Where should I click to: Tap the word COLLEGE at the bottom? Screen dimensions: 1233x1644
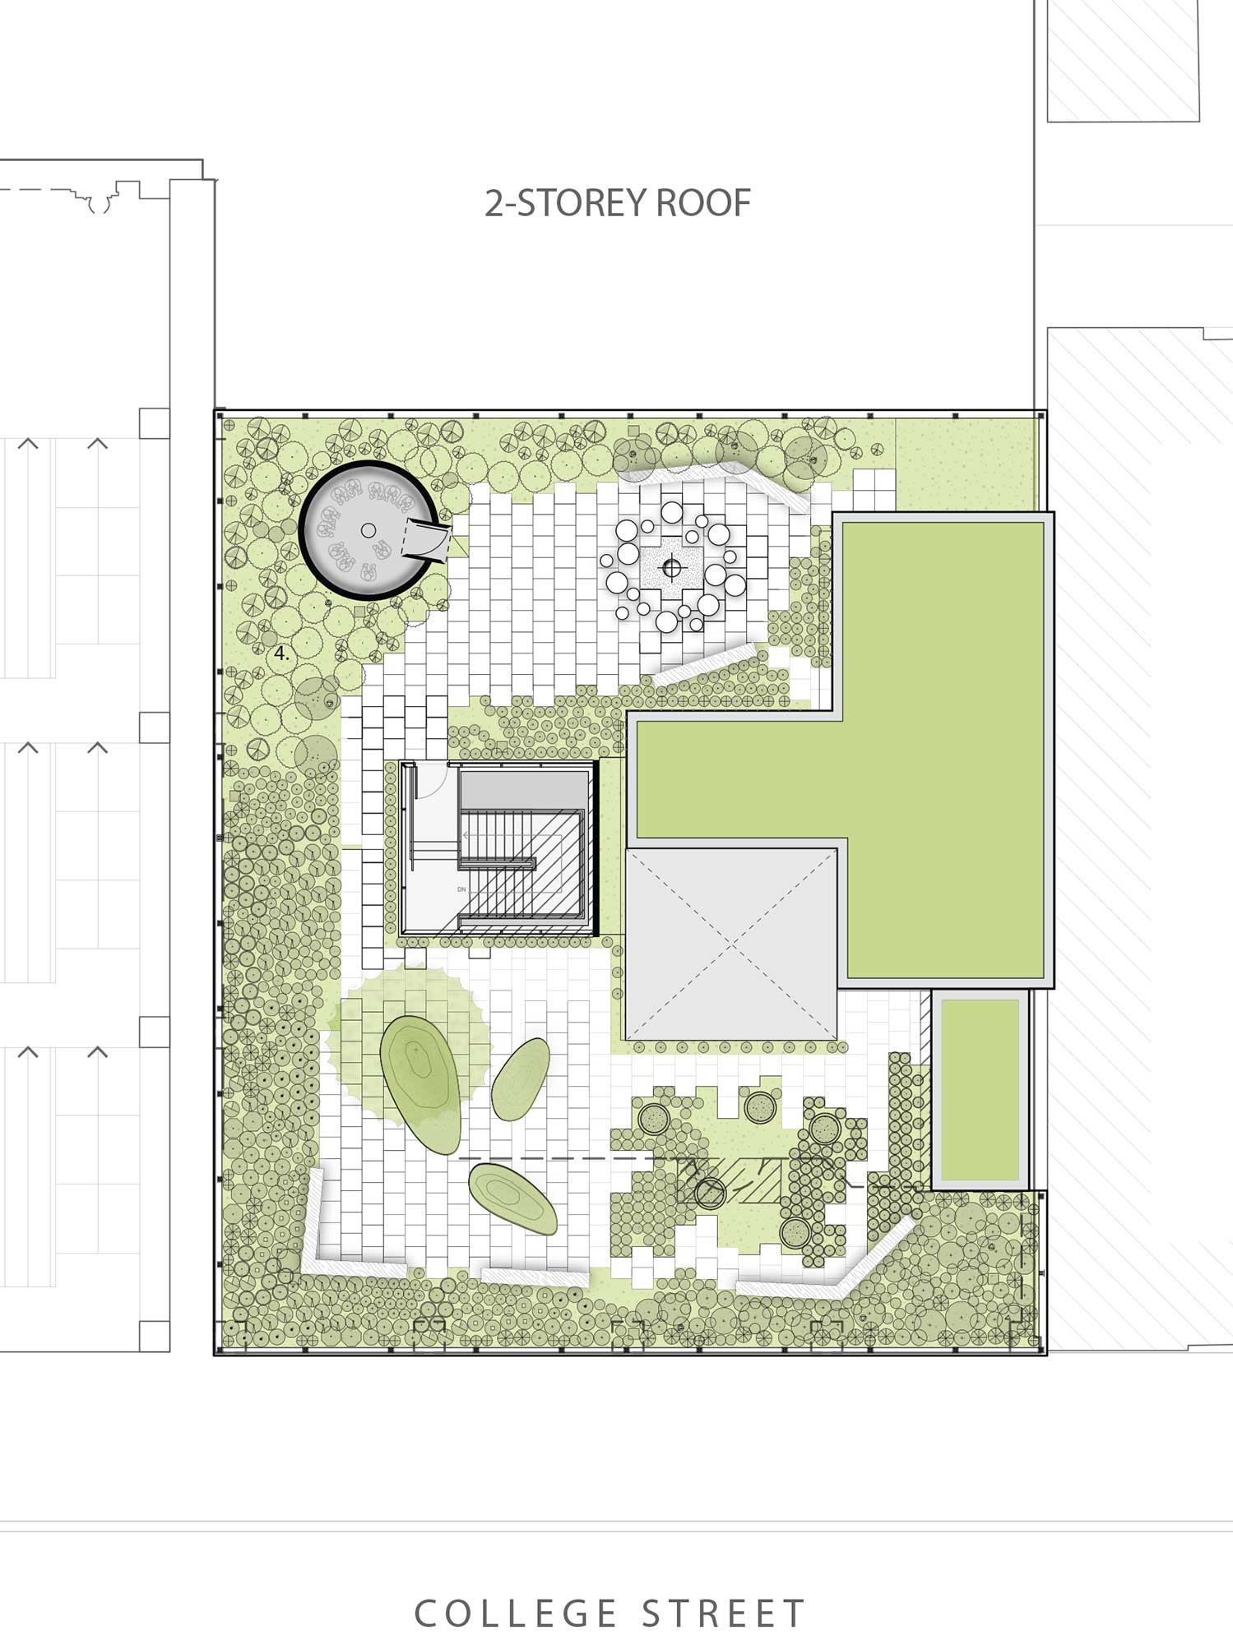[x=516, y=1614]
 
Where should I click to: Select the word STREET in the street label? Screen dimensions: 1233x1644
[x=723, y=1614]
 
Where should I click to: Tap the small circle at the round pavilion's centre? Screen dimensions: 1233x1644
[x=369, y=530]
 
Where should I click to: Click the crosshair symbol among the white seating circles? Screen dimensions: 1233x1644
[x=672, y=567]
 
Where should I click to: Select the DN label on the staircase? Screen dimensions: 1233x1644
[x=461, y=889]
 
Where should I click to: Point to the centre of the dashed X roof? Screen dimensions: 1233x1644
[x=731, y=944]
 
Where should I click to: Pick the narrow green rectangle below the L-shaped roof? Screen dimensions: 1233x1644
[x=980, y=1089]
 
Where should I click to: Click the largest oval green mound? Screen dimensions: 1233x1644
[x=420, y=1083]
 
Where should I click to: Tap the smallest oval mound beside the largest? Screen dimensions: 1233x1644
[x=521, y=1078]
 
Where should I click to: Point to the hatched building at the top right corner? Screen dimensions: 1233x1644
[x=1123, y=61]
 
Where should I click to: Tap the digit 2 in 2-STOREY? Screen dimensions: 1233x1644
[x=493, y=203]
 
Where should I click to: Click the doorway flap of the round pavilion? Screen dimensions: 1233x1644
[x=426, y=542]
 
